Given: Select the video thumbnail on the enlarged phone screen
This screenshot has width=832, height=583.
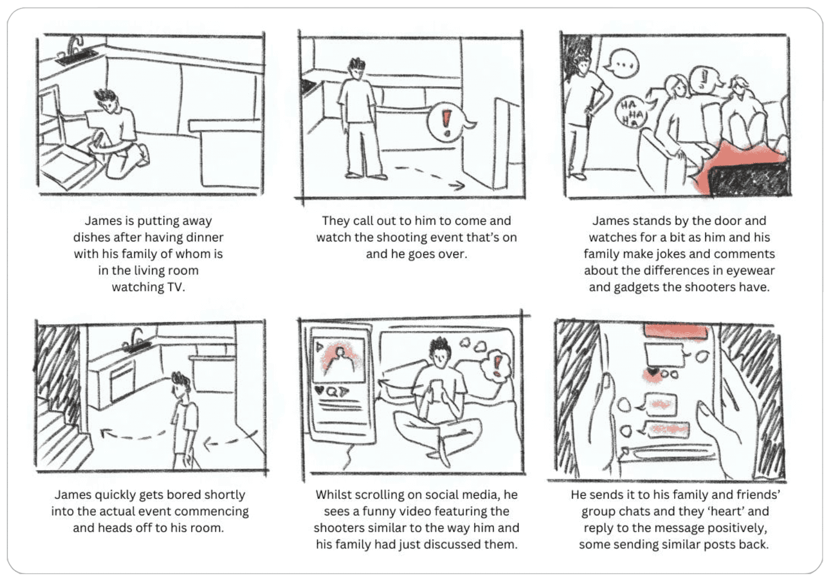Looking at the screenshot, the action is click(x=339, y=360).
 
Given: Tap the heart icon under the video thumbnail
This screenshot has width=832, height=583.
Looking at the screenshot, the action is click(x=319, y=390).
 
